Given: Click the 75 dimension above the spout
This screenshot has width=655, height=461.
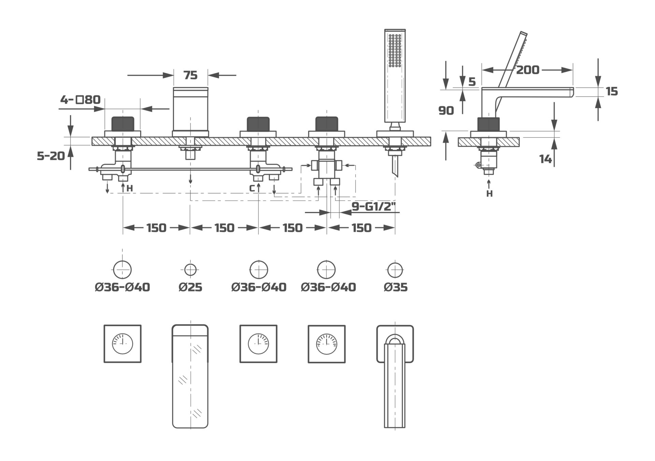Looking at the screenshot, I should [190, 75].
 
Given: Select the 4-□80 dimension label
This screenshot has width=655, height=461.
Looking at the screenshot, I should [81, 100].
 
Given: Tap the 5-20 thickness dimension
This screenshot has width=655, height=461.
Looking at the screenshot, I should [51, 156].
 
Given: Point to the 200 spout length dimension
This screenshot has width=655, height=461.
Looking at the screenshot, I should [527, 70].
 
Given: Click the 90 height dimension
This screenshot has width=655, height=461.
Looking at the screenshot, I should [446, 110].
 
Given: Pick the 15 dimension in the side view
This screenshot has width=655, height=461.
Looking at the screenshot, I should [612, 91].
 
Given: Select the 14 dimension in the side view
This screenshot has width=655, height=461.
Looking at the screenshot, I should [545, 159].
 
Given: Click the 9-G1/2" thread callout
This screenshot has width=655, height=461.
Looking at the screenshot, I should [373, 207].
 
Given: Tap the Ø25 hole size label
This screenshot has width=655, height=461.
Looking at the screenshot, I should [190, 287].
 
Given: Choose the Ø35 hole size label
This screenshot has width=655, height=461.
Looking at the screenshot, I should [395, 287].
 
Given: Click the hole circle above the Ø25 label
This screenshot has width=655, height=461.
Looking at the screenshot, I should [190, 270].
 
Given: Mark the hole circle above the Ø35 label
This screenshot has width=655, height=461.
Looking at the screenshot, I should [395, 270].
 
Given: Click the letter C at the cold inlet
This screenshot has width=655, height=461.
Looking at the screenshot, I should [252, 188].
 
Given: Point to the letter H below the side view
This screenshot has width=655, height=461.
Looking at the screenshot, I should [489, 194].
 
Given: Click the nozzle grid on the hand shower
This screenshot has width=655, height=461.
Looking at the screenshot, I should [395, 50].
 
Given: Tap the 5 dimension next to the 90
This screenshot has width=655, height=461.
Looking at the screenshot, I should [472, 82].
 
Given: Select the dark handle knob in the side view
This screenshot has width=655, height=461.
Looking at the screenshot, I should [489, 124].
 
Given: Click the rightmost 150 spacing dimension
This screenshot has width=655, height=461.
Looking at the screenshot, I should [361, 228].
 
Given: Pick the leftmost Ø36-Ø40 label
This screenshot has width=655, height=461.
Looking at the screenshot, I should [122, 287].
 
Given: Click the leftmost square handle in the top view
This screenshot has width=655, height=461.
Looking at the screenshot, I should [122, 344].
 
